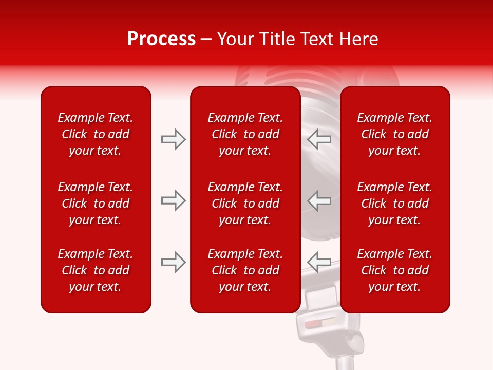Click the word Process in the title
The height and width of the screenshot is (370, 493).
[161, 39]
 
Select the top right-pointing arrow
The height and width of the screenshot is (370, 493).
[173, 139]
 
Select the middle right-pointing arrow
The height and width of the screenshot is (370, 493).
[173, 200]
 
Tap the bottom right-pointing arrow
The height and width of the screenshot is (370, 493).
[173, 262]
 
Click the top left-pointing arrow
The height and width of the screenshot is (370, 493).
[319, 139]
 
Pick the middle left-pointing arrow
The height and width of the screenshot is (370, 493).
[319, 200]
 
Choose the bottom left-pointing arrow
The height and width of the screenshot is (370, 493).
[319, 262]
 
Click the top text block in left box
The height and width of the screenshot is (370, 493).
[96, 134]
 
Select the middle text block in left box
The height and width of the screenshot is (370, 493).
[96, 203]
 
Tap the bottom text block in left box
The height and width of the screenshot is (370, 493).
[96, 270]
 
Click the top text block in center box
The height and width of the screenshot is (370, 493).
[245, 134]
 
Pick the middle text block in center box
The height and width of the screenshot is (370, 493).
[245, 203]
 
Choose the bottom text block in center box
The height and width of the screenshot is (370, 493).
[245, 270]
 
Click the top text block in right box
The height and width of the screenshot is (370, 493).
[394, 134]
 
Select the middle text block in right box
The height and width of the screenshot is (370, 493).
[394, 203]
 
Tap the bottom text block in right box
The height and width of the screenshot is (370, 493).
[394, 270]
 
